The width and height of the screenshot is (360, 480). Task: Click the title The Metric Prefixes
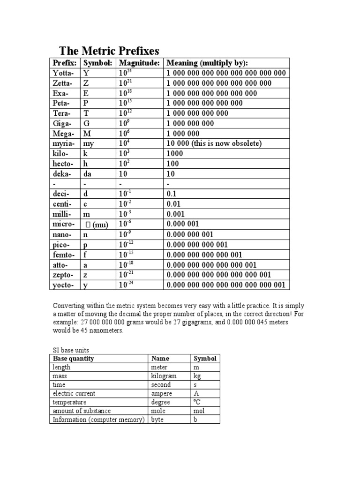click(109, 51)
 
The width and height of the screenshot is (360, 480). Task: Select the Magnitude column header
click(139, 63)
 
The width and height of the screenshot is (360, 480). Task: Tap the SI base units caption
click(69, 350)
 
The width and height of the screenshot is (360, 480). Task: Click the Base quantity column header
click(73, 359)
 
